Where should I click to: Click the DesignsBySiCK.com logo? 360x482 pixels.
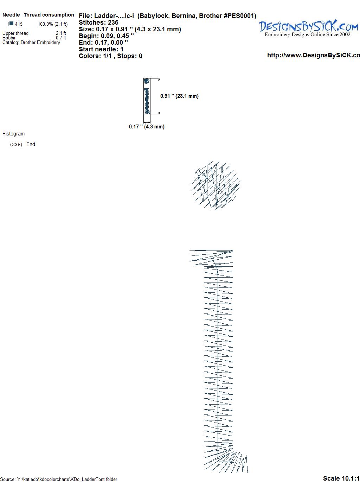308,28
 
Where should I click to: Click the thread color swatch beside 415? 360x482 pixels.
12,24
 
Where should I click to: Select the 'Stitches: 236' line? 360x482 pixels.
98,23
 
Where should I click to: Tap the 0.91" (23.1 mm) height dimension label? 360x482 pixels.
179,96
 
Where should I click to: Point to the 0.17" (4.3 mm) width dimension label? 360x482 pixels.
147,127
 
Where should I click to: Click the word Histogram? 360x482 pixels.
13,134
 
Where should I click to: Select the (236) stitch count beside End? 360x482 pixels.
16,145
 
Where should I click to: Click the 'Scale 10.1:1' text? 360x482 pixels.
341,478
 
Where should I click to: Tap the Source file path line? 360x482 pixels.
59,479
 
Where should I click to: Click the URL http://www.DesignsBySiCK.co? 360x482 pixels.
314,55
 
